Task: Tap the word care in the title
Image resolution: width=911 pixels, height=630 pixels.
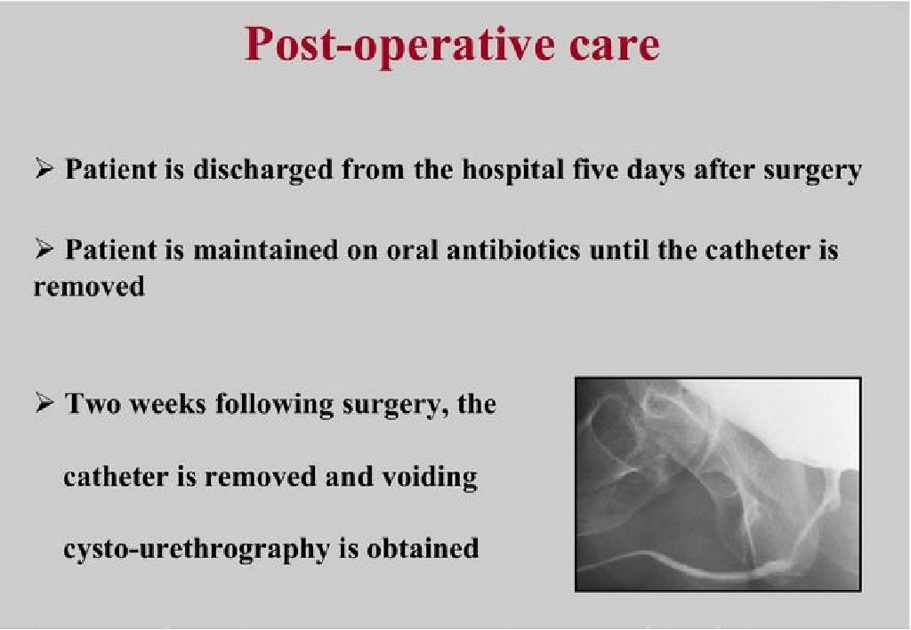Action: pos(608,44)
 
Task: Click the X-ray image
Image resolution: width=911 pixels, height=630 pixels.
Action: pos(718,484)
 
